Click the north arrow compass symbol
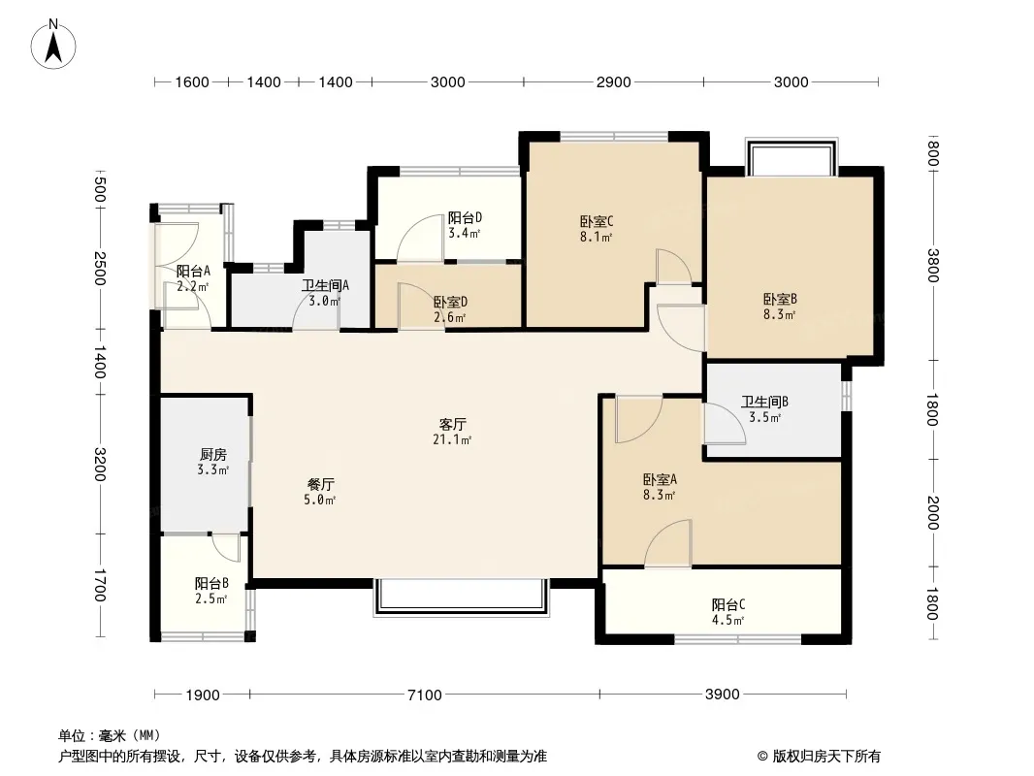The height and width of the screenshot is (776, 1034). point(53,45)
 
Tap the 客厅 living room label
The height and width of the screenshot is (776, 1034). point(452,424)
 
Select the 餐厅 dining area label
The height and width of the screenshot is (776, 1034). point(320,485)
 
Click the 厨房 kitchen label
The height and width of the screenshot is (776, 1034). point(213,454)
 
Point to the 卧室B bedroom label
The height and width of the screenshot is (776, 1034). point(780,299)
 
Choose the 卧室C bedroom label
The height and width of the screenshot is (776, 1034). point(597,221)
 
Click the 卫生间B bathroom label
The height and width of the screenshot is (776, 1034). point(765,402)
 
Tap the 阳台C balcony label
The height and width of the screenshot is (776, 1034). point(728,604)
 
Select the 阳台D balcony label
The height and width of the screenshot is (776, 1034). point(465,217)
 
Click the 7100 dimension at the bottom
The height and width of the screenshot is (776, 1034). point(425,695)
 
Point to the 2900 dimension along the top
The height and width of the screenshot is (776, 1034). point(613,81)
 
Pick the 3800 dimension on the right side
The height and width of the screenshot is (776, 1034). point(932,265)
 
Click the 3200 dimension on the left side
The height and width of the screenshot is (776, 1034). point(99,465)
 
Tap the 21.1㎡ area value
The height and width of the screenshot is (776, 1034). point(452,439)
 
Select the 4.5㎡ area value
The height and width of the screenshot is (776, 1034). point(728,621)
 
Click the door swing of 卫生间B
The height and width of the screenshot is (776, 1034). point(724,423)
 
